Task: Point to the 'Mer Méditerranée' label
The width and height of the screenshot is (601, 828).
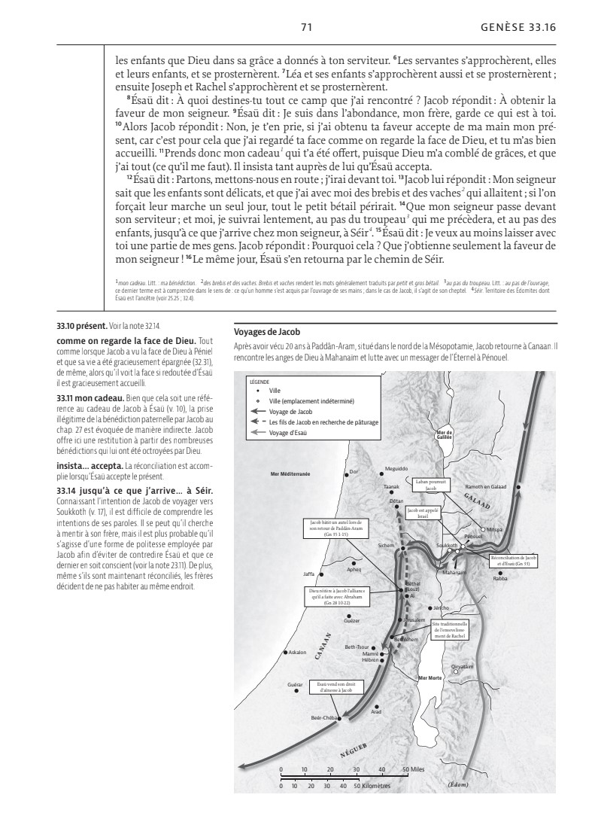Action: point(290,473)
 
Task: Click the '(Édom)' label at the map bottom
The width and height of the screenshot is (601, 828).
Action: point(458,784)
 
